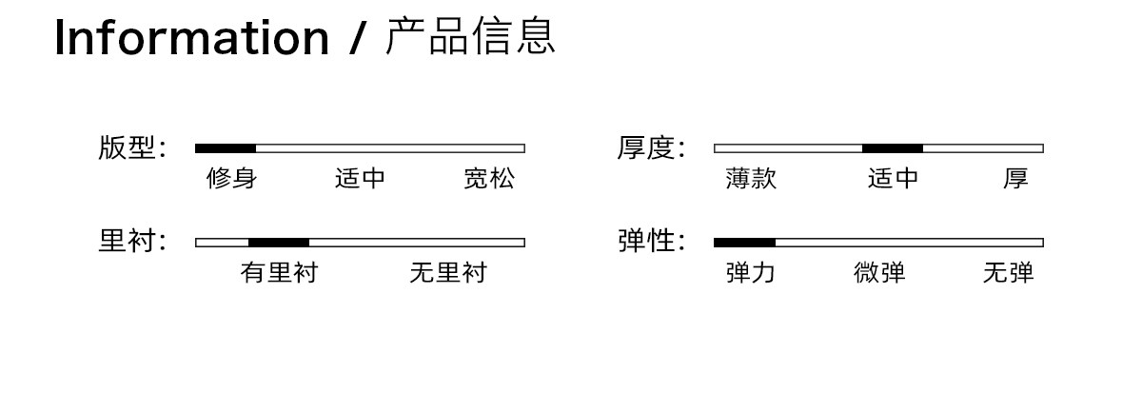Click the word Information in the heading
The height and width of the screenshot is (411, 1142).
pos(191,37)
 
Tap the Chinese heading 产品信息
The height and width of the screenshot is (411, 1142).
pos(470,36)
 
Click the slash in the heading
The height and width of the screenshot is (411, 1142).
pos(358,37)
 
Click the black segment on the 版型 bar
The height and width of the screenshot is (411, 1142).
pos(226,148)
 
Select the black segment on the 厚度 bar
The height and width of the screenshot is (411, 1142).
pos(893,148)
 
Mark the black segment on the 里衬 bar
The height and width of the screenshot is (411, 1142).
pos(278,243)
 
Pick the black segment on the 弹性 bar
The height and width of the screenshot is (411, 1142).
pos(744,243)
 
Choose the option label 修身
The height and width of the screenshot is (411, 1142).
pos(231,179)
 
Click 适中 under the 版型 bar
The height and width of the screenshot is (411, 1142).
pos(360,179)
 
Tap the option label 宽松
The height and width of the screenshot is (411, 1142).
pos(489,179)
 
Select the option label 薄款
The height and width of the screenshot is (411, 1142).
pos(751,179)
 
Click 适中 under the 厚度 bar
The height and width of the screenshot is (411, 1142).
pos(893,179)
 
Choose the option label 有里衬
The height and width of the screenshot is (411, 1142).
pos(279,272)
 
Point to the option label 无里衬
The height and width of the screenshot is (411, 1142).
pos(448,272)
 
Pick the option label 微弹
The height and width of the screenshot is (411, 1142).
pos(879,272)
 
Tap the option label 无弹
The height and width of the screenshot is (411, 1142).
pos(1009,272)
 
